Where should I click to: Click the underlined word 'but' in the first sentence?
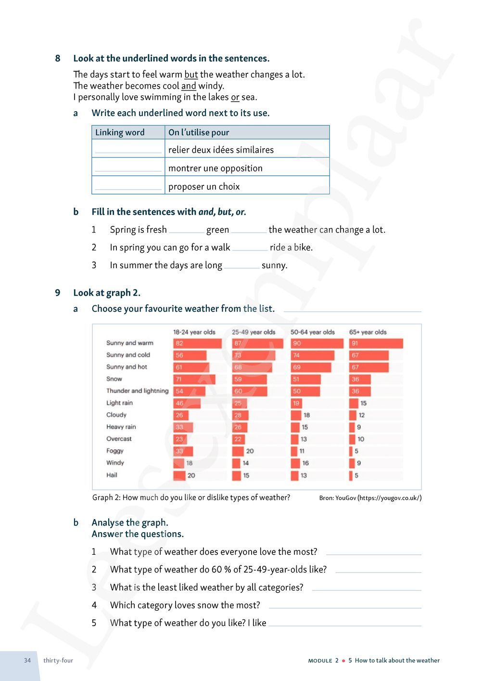[191, 75]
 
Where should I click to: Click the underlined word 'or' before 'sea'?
[235, 97]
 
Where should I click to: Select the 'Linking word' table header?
[120, 132]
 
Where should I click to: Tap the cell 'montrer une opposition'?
[215, 168]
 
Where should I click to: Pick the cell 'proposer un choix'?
[204, 186]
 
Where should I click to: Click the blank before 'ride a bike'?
[250, 248]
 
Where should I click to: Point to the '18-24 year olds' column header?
[194, 332]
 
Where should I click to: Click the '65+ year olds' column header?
[368, 332]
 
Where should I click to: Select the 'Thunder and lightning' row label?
[137, 391]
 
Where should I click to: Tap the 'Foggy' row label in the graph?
[115, 451]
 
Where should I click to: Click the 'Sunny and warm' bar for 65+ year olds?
[376, 343]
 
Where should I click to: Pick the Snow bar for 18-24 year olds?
[194, 379]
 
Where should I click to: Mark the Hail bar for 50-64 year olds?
[295, 475]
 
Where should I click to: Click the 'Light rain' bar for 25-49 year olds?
[240, 403]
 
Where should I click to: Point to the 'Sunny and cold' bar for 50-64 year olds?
[312, 355]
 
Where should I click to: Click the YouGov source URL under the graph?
[390, 498]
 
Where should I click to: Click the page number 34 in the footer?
[27, 660]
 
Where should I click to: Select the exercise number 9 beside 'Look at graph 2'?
[58, 293]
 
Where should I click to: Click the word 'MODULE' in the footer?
[320, 661]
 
